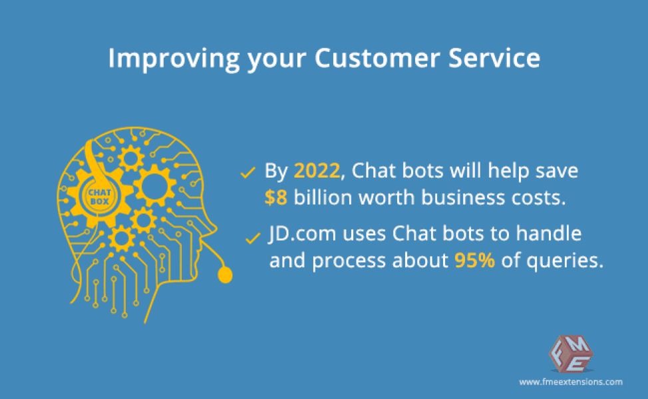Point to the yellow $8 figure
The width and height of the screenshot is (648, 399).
point(275,198)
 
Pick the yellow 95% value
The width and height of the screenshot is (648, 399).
point(475,261)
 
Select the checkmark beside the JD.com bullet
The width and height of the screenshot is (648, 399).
point(252,237)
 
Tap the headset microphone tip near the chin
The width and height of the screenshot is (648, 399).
point(226,274)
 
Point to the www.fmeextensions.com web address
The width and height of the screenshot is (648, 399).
point(570,382)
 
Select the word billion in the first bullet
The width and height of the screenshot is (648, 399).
point(323,198)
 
